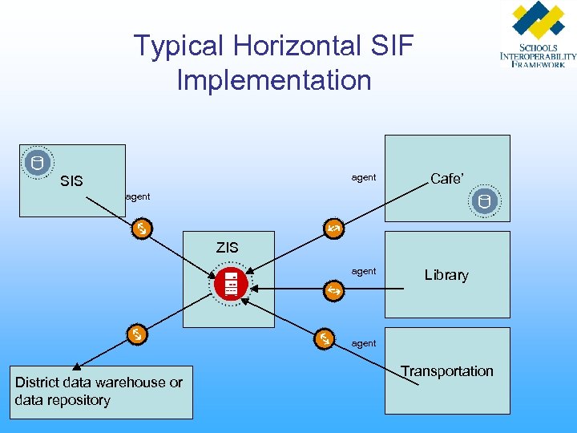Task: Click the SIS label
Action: [x=71, y=181]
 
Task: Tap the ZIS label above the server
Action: [x=227, y=247]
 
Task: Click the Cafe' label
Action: [x=446, y=179]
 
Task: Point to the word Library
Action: [x=446, y=275]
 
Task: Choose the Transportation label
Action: [x=447, y=370]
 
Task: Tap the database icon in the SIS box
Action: [x=36, y=163]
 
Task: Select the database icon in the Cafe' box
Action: [x=485, y=202]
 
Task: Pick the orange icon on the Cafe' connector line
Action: [x=333, y=230]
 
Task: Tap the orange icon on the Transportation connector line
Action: [x=325, y=339]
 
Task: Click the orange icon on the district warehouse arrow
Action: [x=138, y=334]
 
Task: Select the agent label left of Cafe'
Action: [x=364, y=177]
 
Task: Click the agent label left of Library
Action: [x=364, y=271]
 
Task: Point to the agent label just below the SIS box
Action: [x=138, y=196]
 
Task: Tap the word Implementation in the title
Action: [x=274, y=80]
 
